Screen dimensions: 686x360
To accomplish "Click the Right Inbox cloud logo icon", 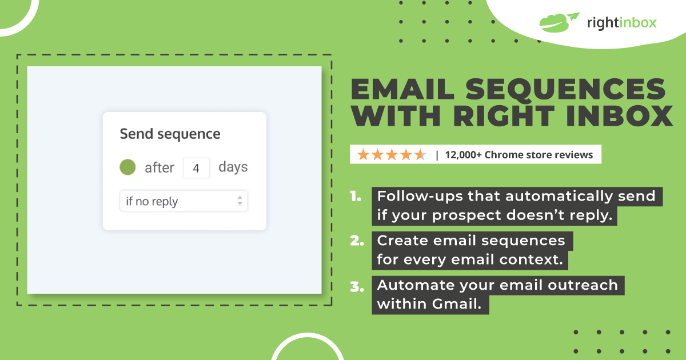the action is [x=559, y=22].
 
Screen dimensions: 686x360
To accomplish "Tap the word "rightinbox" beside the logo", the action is [x=622, y=23].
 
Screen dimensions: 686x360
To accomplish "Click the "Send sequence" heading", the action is [x=170, y=134].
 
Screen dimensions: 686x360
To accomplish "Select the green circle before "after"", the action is [x=127, y=167].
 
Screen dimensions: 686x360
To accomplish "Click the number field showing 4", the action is [x=196, y=168].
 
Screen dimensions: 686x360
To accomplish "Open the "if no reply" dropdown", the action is [x=184, y=201].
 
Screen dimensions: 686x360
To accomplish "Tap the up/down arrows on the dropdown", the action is [x=240, y=201].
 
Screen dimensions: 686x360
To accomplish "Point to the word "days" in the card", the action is [x=233, y=167].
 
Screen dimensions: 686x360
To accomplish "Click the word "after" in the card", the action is [x=159, y=168].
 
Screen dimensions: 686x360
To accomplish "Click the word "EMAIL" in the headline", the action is [x=402, y=89].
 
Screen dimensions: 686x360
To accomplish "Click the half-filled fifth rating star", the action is [x=420, y=155].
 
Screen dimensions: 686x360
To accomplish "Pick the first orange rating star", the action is [x=363, y=155].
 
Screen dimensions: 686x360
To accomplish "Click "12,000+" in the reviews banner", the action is [x=463, y=155].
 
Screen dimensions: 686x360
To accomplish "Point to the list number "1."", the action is [x=356, y=196].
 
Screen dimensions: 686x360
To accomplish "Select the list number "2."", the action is [x=357, y=241].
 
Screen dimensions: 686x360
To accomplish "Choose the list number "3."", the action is [x=357, y=286].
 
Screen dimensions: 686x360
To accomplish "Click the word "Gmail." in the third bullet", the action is [x=457, y=304].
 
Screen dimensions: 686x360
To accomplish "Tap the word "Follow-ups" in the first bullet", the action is [x=420, y=197].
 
